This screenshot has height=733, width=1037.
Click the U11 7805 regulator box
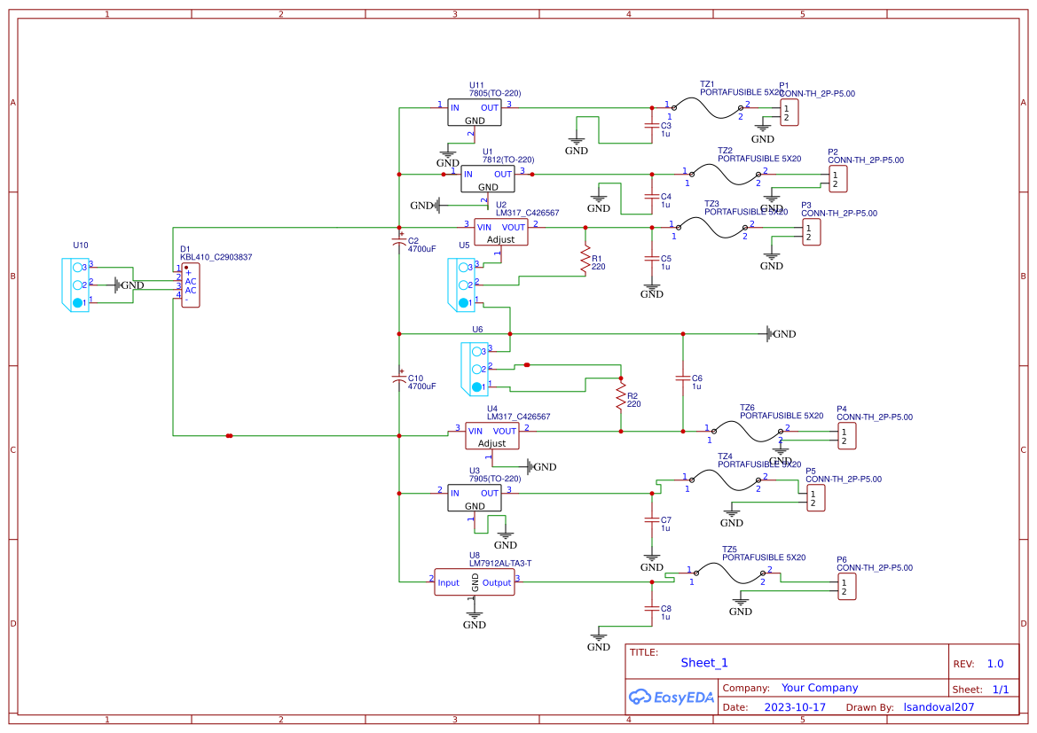(x=475, y=113)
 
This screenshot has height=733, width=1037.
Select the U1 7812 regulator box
(x=488, y=179)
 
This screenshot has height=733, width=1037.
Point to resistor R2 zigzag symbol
(x=620, y=401)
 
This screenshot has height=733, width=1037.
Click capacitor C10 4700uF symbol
(x=399, y=378)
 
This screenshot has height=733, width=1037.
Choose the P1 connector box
(x=789, y=113)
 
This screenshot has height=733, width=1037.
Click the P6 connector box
(x=846, y=587)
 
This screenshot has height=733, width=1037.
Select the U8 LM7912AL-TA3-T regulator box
(x=475, y=582)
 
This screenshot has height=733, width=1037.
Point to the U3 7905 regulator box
(x=475, y=497)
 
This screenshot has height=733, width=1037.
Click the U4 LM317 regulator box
(x=491, y=436)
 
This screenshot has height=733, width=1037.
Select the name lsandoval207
(x=939, y=708)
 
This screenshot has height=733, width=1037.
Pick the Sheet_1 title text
(x=704, y=663)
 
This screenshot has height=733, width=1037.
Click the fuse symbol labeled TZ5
(x=725, y=573)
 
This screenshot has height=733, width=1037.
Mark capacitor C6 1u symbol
(x=682, y=378)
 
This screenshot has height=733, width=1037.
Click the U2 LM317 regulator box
(x=501, y=232)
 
